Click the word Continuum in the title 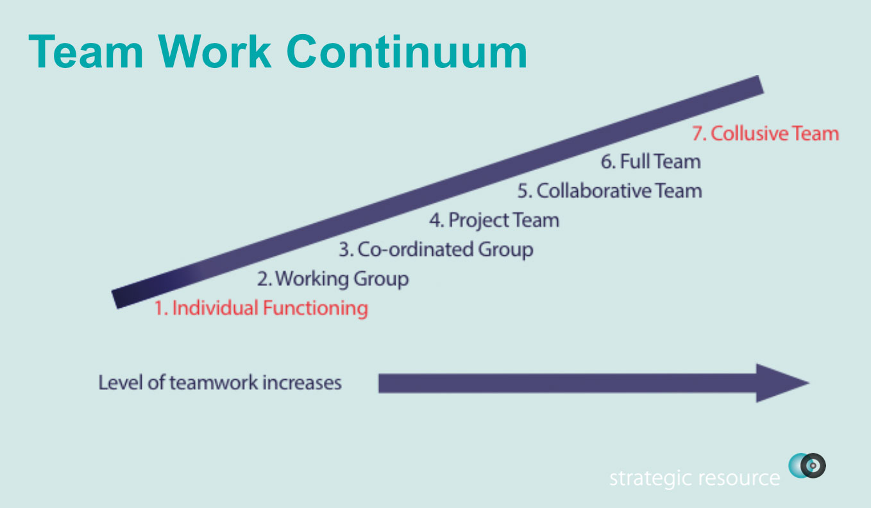coord(407,52)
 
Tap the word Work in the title coord(214,52)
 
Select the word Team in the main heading coord(86,52)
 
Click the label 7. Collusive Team coord(765,133)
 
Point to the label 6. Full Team coord(651,162)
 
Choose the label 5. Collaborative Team coord(610,190)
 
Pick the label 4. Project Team coord(495,221)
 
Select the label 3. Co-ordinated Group coord(436,250)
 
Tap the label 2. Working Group coord(333,279)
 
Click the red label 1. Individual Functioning coord(261,309)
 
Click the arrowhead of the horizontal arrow coord(782,383)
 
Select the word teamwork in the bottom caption coord(214,383)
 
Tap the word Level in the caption coord(121,382)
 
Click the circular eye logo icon coord(808,466)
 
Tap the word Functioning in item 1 coord(316,309)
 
